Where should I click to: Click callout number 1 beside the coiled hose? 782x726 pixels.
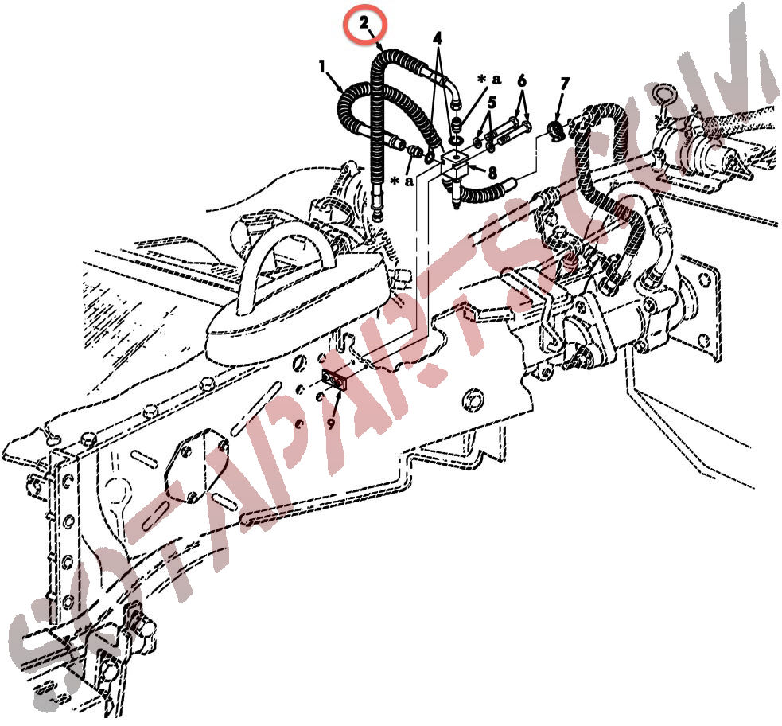coord(322,65)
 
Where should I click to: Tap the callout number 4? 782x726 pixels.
coord(438,38)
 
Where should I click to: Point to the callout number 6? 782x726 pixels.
coord(522,80)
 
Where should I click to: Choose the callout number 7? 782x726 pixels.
coord(564,84)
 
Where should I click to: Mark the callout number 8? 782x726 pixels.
coord(492,173)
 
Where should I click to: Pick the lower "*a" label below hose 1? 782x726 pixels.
coord(403,181)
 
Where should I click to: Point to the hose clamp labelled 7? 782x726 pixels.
coord(554,129)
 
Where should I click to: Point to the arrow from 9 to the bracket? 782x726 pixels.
coord(337,404)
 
